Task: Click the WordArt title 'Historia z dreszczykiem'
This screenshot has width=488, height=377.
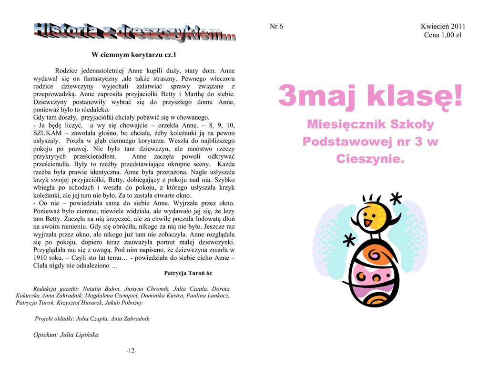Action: point(134,32)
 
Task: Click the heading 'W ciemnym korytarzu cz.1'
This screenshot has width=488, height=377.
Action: point(134,55)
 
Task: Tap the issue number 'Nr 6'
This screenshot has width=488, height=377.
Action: point(276,26)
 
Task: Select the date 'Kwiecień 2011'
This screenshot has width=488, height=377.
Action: point(443,26)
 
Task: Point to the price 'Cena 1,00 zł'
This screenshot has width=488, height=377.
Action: point(443,35)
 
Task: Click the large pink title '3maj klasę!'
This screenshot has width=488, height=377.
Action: point(370,96)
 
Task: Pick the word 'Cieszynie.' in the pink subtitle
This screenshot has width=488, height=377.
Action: point(370,159)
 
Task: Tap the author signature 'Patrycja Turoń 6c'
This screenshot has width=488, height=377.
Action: point(188,273)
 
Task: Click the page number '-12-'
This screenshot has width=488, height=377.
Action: point(131,351)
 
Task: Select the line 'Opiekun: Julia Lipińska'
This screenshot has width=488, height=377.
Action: point(66,335)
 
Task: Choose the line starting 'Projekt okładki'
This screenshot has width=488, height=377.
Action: point(92,318)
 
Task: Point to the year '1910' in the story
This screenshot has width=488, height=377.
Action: point(41,257)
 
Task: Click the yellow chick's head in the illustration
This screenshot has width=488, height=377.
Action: point(371,217)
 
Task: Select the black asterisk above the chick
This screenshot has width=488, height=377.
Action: point(395,199)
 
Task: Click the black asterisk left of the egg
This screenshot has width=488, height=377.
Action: point(349,241)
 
